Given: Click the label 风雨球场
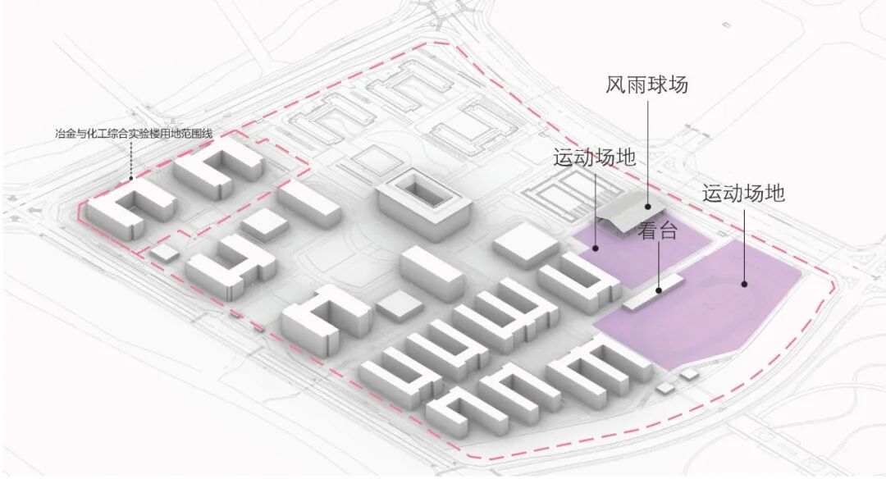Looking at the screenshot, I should [646, 84].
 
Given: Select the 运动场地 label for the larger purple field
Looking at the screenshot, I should [743, 194].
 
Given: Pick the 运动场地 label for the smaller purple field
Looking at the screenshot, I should [595, 157].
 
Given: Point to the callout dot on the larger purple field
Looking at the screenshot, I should [745, 285].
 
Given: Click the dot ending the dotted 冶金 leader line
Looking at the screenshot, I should [130, 179].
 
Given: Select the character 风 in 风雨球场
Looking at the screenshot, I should [616, 84].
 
